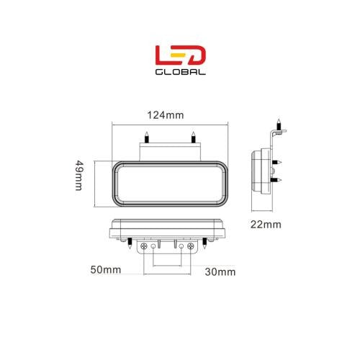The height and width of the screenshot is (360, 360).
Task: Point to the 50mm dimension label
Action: click(x=107, y=271)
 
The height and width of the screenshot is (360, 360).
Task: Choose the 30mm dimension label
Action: click(x=220, y=271)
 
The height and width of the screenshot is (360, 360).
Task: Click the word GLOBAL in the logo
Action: click(x=180, y=72)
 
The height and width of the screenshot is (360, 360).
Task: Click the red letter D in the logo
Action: click(x=197, y=55)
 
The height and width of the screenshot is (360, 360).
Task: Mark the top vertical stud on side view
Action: click(x=276, y=124)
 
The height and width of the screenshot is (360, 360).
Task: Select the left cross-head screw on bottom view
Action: click(x=147, y=246)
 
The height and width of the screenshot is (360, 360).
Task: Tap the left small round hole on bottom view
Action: click(x=157, y=246)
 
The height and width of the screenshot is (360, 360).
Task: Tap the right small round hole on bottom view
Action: click(x=180, y=246)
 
